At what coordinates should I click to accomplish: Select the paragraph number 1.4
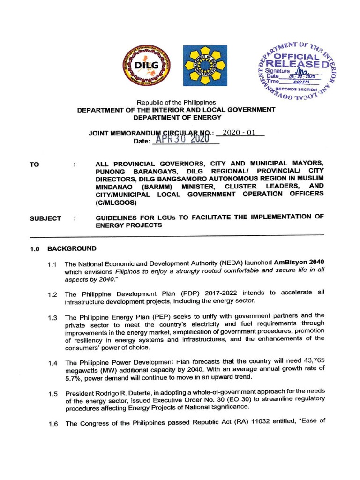(52, 363)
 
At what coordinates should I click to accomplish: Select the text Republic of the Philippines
(176, 102)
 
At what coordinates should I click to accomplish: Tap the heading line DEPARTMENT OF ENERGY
(176, 117)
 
